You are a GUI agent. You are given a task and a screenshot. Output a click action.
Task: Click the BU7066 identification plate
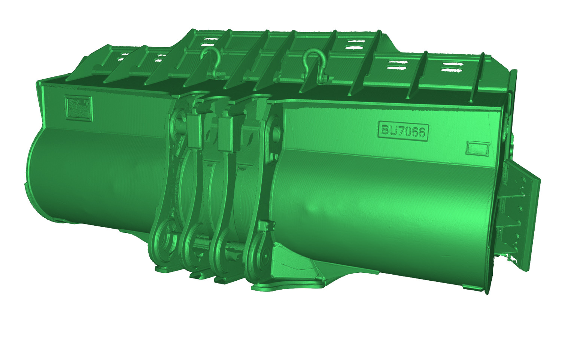[403, 131]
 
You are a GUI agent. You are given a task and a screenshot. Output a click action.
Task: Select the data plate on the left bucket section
[78, 108]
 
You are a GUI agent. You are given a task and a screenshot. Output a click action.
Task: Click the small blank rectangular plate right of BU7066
[478, 148]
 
